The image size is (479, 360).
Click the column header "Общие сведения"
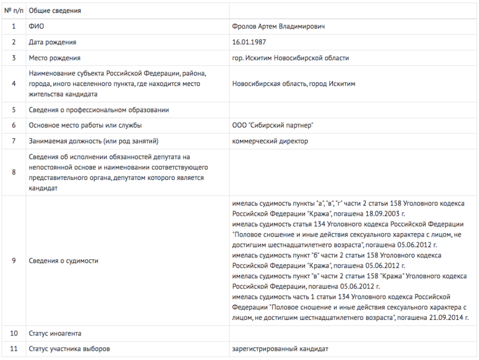pos(55,11)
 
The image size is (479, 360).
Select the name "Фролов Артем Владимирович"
pos(278,26)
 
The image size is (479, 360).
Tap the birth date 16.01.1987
pos(249,42)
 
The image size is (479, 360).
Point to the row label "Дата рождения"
pos(52,42)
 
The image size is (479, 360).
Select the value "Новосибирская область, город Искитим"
pos(293,84)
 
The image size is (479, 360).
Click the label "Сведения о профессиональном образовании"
pos(98,110)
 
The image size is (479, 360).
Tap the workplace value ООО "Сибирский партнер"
pos(273,126)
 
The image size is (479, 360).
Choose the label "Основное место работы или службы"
pos(86,126)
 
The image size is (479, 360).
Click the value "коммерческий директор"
pos(270,141)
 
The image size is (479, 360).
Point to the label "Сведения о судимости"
pos(63,261)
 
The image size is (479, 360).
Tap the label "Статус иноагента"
pos(55,333)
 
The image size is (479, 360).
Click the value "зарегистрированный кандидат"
pos(280,349)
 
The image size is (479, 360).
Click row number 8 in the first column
pos(14,172)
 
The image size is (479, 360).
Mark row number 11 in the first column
pos(14,349)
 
